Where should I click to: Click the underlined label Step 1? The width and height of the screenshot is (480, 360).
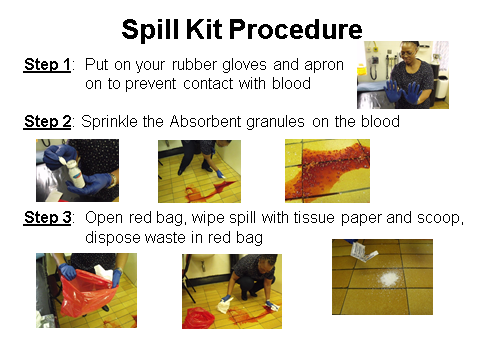pos(47,65)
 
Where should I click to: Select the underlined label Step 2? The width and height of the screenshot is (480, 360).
pos(47,121)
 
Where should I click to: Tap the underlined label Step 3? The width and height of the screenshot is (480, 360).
pos(47,218)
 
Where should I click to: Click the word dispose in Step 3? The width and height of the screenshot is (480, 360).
pos(112,237)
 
